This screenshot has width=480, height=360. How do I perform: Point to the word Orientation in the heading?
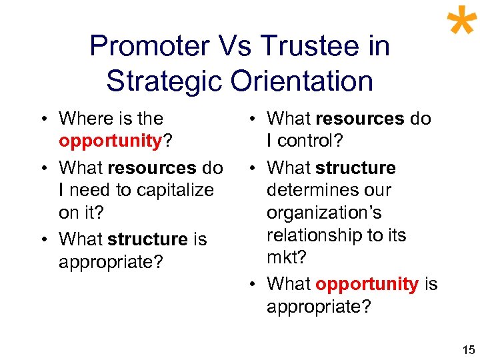(x=301, y=81)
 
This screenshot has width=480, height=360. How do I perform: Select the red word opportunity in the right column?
(x=367, y=284)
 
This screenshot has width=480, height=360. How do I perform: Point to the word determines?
(x=311, y=190)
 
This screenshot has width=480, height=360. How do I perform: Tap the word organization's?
(x=324, y=213)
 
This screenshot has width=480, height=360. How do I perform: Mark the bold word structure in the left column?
(x=147, y=239)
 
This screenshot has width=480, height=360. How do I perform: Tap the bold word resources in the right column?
(x=360, y=119)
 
